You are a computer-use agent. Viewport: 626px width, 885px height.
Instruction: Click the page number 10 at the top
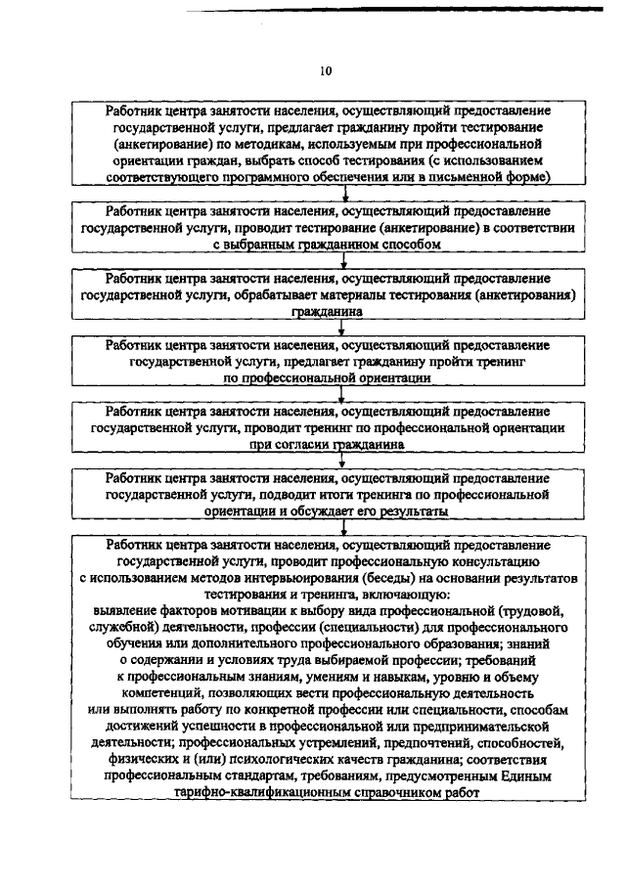pos(327,69)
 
